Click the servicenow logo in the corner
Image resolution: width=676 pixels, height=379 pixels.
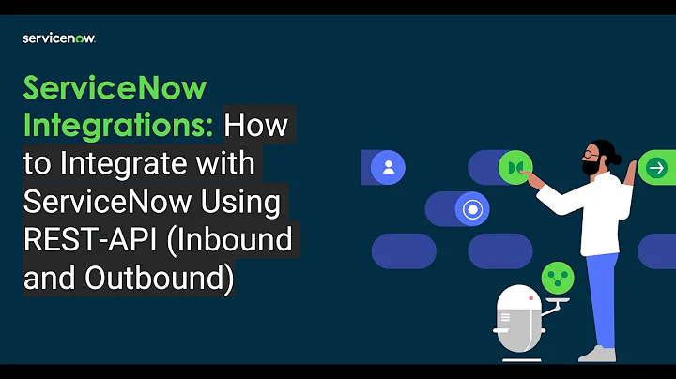[58, 38]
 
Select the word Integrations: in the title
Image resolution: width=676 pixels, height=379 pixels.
[118, 125]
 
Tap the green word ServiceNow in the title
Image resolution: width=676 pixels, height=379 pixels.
[115, 89]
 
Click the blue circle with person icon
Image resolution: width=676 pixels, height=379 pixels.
[387, 168]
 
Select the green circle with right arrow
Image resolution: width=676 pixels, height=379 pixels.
[656, 168]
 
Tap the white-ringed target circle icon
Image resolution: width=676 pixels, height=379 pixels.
[471, 210]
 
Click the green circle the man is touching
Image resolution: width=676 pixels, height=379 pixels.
[515, 168]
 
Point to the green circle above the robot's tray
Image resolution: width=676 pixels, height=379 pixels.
[557, 278]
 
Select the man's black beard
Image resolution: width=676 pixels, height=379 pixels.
[591, 167]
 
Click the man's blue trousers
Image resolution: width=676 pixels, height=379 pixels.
[602, 291]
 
